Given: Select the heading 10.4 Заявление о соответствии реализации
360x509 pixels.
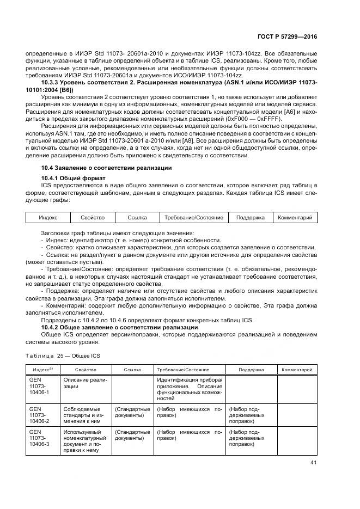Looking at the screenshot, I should pyautogui.click(x=107, y=168).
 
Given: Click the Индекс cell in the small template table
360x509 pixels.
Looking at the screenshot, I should pyautogui.click(x=48, y=218).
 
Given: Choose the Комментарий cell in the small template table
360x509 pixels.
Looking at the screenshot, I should pyautogui.click(x=295, y=218).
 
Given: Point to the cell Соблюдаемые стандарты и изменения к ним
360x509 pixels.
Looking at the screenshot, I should pyautogui.click(x=86, y=415).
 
